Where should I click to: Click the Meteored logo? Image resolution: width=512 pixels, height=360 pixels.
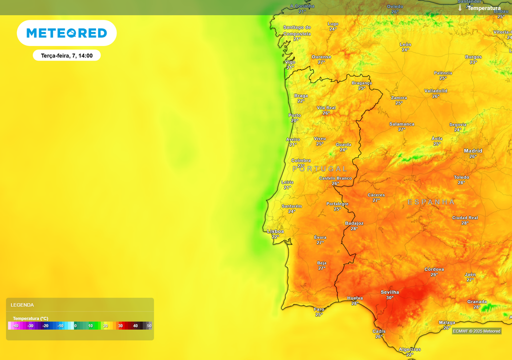click(x=66, y=33)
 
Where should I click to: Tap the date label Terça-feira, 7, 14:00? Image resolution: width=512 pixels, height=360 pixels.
click(x=67, y=55)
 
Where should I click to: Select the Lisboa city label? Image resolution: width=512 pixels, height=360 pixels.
click(x=275, y=231)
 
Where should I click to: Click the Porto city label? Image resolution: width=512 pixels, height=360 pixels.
click(x=295, y=115)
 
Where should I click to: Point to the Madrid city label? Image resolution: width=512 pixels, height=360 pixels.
click(x=473, y=150)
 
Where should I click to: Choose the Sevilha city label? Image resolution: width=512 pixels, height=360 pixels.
click(x=389, y=292)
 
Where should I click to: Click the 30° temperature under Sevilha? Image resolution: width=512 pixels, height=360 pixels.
click(x=389, y=297)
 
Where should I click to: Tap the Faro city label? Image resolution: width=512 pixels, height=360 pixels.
click(x=319, y=309)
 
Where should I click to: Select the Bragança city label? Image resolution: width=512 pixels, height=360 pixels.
click(x=362, y=83)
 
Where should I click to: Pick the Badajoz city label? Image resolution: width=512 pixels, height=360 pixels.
click(x=354, y=223)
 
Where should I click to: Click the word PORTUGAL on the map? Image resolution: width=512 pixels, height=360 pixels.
click(x=319, y=169)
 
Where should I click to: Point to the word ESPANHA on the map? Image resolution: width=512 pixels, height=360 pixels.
click(x=431, y=202)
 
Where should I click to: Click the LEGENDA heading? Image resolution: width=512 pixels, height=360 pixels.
click(x=22, y=305)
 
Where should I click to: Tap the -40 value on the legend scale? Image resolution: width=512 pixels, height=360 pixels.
click(x=15, y=326)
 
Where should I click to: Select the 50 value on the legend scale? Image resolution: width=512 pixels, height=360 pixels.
click(x=149, y=326)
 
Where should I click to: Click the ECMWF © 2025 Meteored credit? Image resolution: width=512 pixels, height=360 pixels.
click(x=476, y=331)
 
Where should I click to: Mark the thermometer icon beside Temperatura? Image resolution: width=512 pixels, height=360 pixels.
click(x=460, y=8)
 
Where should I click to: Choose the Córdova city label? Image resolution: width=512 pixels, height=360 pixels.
click(x=434, y=269)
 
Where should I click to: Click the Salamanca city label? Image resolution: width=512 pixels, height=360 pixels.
click(x=402, y=124)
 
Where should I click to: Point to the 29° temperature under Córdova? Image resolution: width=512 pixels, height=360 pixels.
click(x=434, y=274)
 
